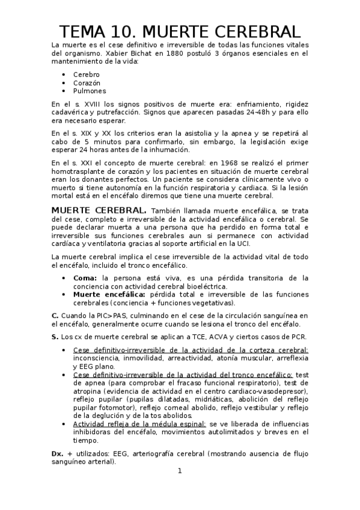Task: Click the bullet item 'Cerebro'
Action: (87, 74)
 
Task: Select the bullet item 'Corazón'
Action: (87, 82)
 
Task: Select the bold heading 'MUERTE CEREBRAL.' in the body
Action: (99, 211)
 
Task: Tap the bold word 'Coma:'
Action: (85, 278)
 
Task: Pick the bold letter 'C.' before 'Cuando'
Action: (55, 315)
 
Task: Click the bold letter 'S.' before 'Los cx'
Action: (55, 336)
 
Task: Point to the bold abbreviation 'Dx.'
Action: (58, 454)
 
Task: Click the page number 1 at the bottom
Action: (180, 471)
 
